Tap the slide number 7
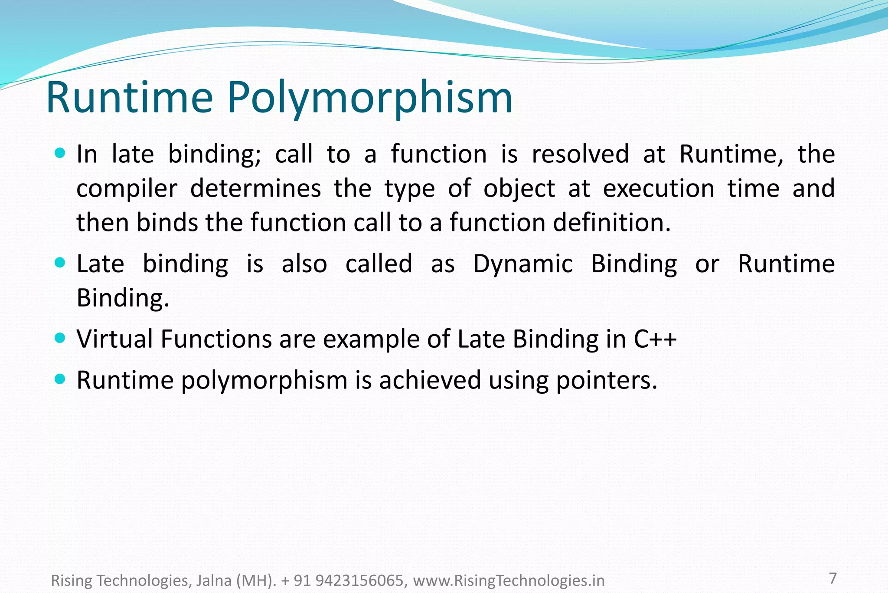(832, 578)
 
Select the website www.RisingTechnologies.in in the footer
(508, 580)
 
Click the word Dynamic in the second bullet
(522, 264)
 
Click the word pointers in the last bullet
(606, 380)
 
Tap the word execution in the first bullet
(658, 188)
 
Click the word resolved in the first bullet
(580, 154)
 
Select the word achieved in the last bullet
(430, 380)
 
